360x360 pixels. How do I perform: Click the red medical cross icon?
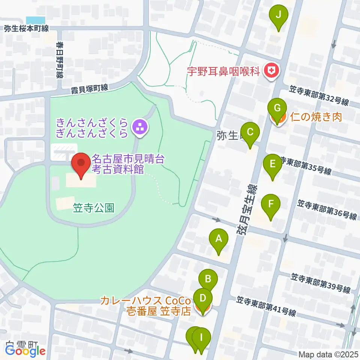(x=271, y=69)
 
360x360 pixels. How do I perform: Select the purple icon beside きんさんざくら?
(x=141, y=127)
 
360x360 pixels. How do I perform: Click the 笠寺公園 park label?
(x=94, y=208)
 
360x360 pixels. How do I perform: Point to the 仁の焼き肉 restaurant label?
(x=316, y=117)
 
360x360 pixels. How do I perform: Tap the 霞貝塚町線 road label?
(x=90, y=89)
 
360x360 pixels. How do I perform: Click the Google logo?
(x=25, y=351)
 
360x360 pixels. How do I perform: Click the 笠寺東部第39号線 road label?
(x=320, y=283)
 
